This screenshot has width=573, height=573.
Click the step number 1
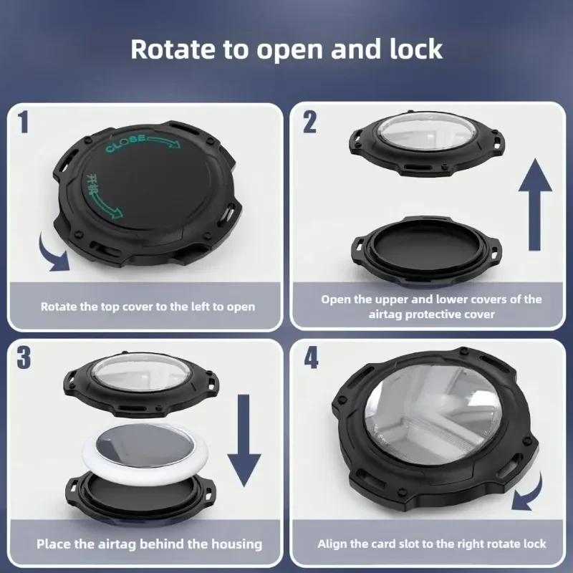23,122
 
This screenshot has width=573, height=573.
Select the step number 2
310,122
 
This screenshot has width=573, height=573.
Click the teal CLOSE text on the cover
125,143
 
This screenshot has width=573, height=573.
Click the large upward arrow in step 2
535,205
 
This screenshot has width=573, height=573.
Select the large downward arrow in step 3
244,440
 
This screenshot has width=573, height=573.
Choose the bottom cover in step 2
426,249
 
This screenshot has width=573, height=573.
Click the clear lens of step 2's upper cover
426,133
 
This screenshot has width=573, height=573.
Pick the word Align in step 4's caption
332,544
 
